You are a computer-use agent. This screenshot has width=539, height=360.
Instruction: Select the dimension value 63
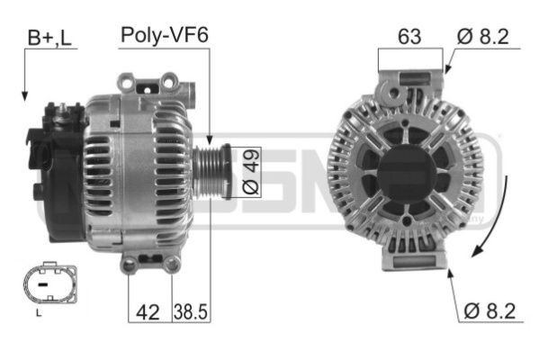(410, 37)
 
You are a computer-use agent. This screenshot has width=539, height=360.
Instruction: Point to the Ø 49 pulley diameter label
(250, 172)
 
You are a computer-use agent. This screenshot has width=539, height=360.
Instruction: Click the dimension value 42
(146, 311)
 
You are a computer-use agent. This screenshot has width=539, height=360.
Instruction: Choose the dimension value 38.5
(190, 311)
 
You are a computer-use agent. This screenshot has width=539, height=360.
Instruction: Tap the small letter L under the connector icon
(38, 313)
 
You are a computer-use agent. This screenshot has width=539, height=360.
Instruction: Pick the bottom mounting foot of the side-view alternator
(149, 263)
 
